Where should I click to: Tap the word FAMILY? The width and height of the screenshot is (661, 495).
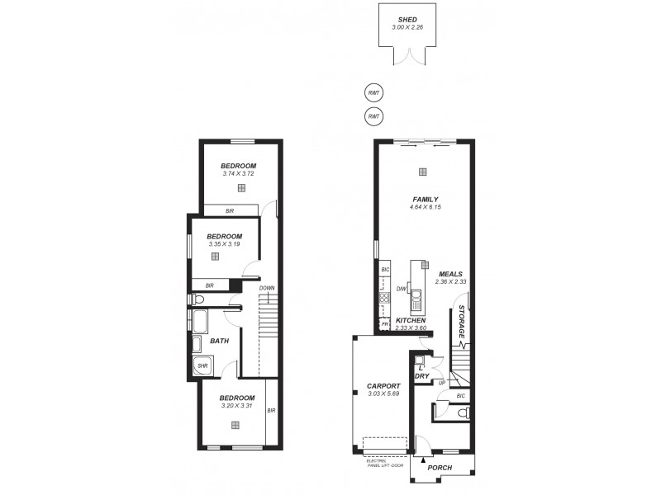[x=426, y=199]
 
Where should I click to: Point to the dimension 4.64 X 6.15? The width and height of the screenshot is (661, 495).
[x=426, y=207]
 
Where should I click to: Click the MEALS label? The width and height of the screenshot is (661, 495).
[x=450, y=274]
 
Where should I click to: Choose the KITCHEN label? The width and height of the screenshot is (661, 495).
[x=411, y=320]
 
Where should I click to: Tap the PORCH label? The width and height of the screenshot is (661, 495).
[x=440, y=468]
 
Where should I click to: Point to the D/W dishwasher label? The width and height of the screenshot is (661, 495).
[x=401, y=289]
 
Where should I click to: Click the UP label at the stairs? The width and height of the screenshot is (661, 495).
[x=442, y=383]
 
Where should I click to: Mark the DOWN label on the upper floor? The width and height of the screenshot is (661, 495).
[x=266, y=288]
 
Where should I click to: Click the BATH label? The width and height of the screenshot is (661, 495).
[x=219, y=340]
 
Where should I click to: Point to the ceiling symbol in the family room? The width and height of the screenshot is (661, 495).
[x=423, y=172]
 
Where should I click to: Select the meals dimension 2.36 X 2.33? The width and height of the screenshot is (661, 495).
[x=451, y=282]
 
